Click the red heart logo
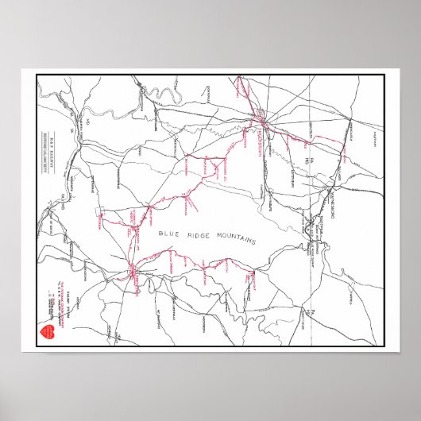coord(44,330)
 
